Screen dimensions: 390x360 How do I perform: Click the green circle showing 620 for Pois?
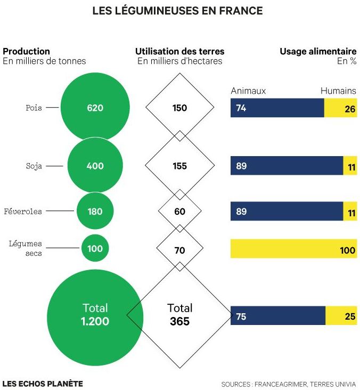coord(95,108)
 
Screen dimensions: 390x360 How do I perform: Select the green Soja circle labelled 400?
coord(95,166)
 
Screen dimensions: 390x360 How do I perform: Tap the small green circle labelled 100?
coord(95,248)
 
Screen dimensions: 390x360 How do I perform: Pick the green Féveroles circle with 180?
coord(95,212)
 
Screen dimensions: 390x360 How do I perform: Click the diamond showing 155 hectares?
coord(180,166)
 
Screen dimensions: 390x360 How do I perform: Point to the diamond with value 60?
coord(180,212)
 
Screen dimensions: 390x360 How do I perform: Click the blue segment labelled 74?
coord(277,108)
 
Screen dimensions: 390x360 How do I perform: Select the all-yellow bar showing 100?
coord(293,249)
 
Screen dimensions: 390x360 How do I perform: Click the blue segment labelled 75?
coord(277,316)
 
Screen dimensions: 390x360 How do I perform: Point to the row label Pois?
coord(34,108)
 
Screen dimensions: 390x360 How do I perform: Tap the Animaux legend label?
coord(248,91)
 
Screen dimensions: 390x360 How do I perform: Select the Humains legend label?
coord(338,91)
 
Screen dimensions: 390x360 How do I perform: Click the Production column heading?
coord(27,52)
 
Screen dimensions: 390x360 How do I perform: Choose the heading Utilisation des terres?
coord(180,52)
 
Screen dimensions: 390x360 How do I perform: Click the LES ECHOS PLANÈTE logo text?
coord(43,383)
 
